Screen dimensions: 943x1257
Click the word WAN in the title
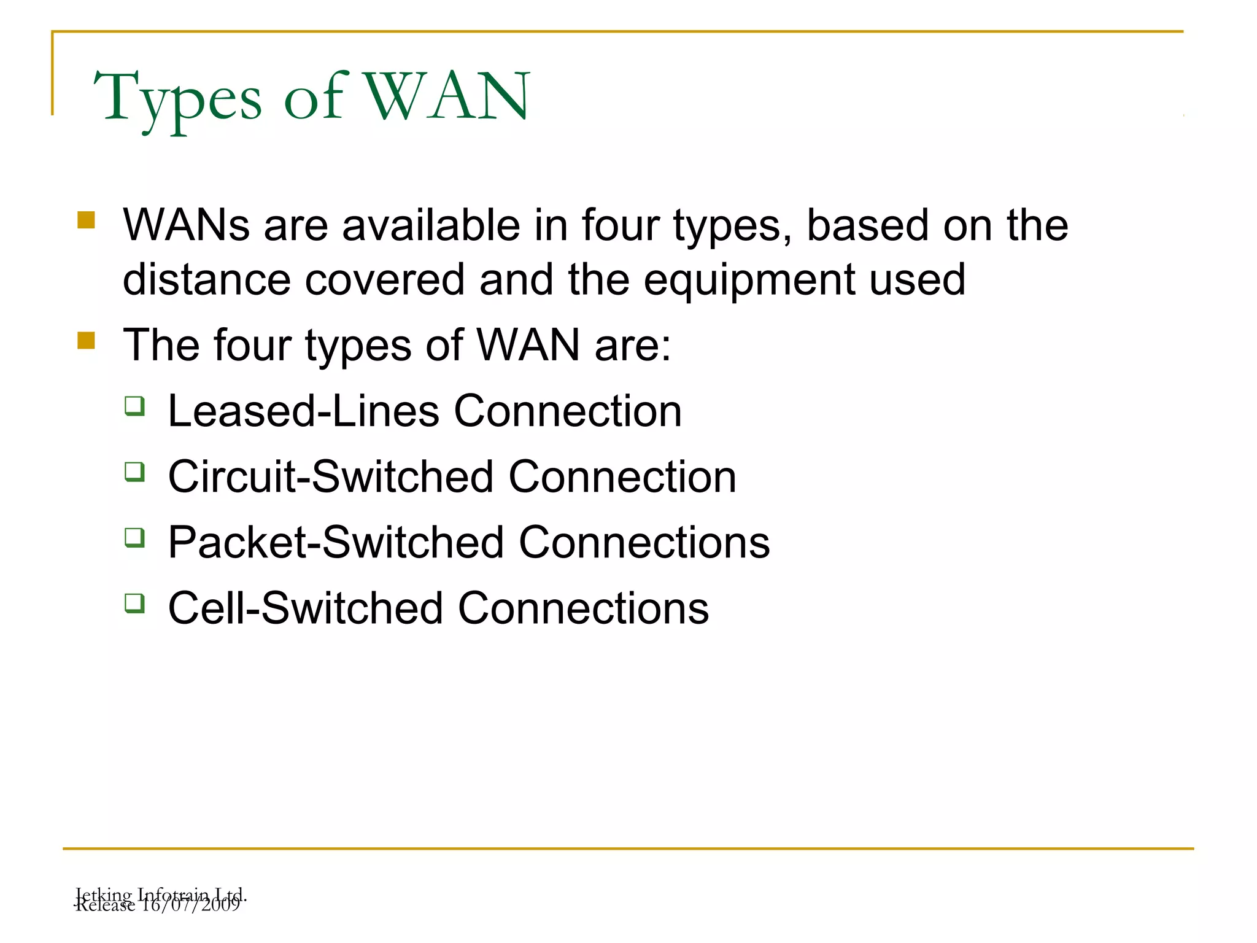[x=448, y=96]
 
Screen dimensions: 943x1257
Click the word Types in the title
[x=178, y=98]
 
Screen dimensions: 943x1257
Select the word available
[x=431, y=225]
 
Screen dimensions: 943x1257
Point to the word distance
[x=207, y=280]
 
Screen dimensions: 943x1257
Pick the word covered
[x=385, y=280]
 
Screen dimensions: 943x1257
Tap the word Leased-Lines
[x=304, y=411]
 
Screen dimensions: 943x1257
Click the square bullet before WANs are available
[x=87, y=220]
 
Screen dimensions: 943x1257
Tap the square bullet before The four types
[x=87, y=340]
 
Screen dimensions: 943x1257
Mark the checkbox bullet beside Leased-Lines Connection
[x=134, y=406]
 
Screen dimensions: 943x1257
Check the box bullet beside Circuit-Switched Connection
[x=134, y=471]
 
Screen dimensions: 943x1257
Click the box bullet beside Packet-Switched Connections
[x=134, y=537]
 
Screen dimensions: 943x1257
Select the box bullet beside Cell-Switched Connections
[x=134, y=603]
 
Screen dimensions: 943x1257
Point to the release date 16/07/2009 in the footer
[x=190, y=906]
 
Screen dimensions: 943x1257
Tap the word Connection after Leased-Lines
[x=568, y=411]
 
